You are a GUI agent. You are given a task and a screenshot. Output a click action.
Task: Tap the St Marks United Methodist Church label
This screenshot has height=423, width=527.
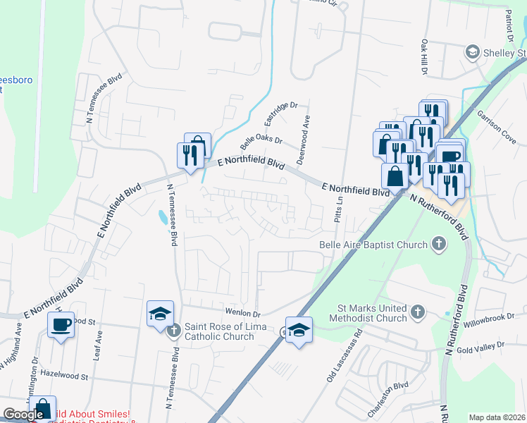(x=372, y=313)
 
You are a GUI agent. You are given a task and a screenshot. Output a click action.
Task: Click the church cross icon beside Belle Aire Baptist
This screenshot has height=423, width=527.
(x=439, y=245)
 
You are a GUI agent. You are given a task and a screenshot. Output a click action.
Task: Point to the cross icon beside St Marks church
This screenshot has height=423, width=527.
(x=418, y=312)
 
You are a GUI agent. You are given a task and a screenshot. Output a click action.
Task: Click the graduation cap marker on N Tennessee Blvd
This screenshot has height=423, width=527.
(x=160, y=312)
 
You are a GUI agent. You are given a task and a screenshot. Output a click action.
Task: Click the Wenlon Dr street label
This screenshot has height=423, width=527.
(x=243, y=314)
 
